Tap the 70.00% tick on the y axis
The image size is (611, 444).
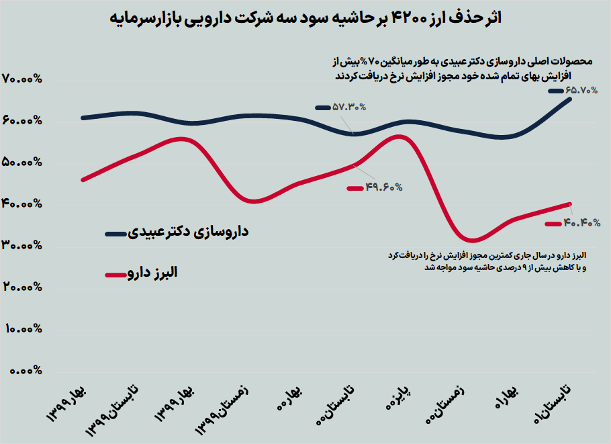coord(22,79)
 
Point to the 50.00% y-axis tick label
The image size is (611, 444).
coord(22,163)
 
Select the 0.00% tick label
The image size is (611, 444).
coord(25,370)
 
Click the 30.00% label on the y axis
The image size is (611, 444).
coord(22,246)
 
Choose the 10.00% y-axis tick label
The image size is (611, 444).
coord(22,329)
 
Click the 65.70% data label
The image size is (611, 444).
coord(581,90)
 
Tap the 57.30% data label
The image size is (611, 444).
coord(348,107)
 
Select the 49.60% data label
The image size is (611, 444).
coord(384,188)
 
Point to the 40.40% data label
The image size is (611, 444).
coord(581,223)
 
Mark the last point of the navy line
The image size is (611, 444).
coord(570,99)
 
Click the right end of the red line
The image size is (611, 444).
coord(570,204)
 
